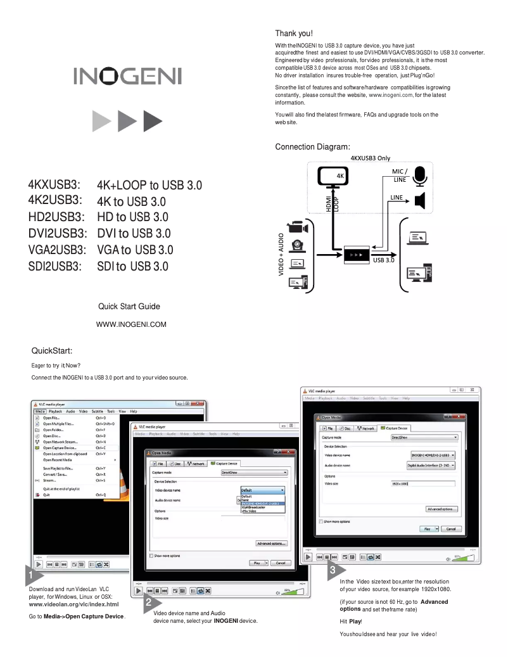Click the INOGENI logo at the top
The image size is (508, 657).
(x=127, y=77)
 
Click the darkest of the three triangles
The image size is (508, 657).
(x=153, y=119)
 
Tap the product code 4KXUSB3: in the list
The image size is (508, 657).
(x=54, y=185)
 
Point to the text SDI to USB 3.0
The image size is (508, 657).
(x=133, y=266)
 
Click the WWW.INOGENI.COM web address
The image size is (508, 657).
(x=131, y=325)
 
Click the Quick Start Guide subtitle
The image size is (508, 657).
(x=129, y=307)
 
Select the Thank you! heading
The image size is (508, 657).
(x=294, y=33)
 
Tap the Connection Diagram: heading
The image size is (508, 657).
(x=312, y=147)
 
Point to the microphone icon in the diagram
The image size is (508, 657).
(x=420, y=174)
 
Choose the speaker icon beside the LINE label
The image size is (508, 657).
(x=420, y=201)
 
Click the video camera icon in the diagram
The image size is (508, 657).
(x=298, y=227)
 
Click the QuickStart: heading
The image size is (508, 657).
(x=52, y=350)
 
